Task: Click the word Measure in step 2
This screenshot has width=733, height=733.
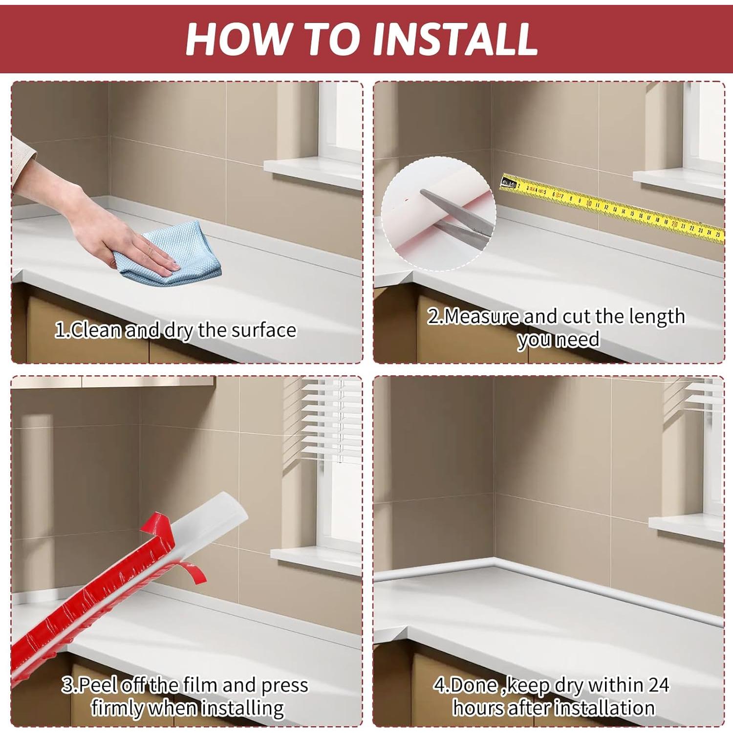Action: coord(482,317)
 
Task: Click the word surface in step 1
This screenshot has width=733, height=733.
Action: coord(264,330)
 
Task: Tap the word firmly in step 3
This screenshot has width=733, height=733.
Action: coord(117,708)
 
